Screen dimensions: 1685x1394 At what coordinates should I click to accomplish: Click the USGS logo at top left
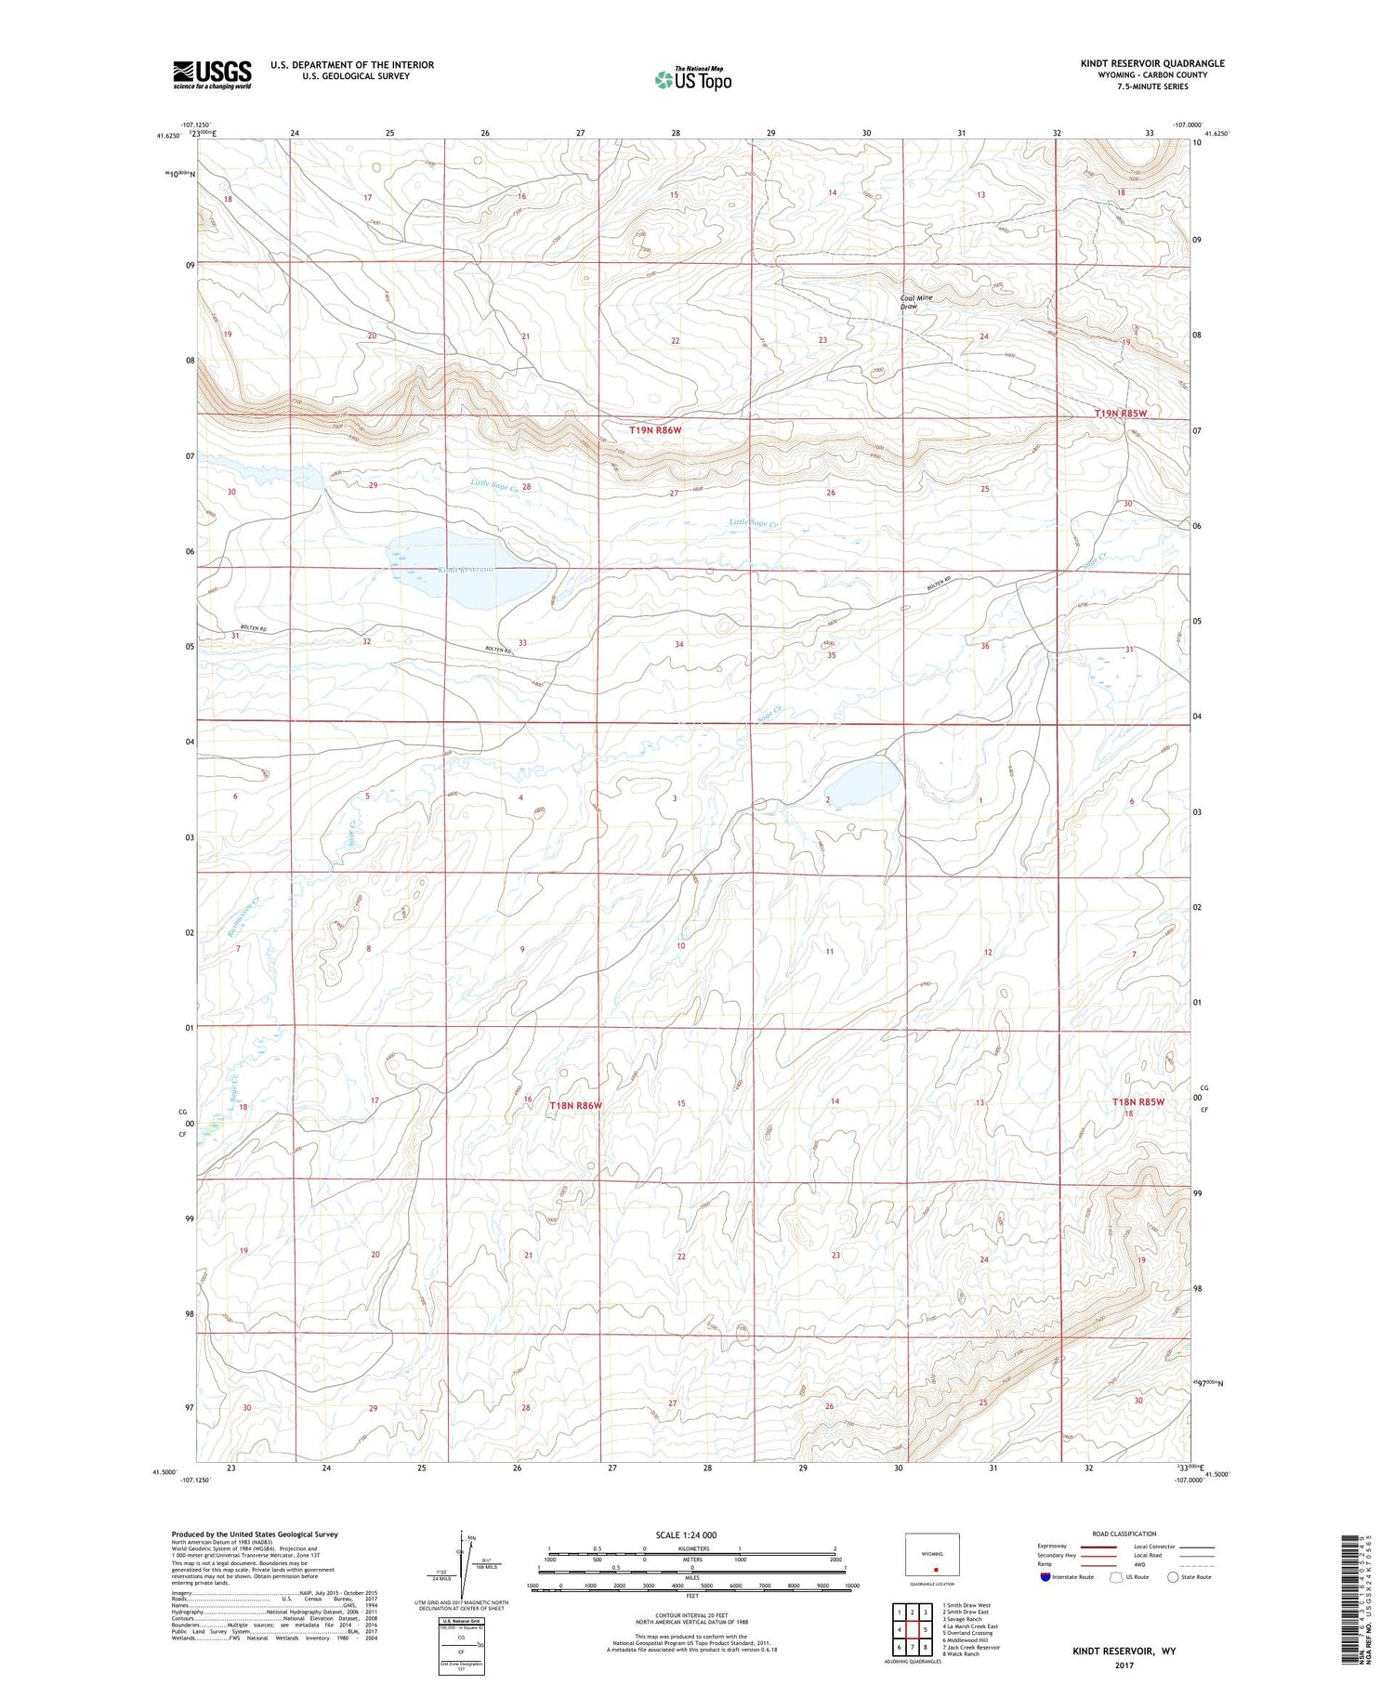point(212,74)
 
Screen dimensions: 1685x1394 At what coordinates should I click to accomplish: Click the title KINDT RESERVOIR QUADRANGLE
point(1151,63)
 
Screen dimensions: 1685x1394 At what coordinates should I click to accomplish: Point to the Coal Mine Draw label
point(915,302)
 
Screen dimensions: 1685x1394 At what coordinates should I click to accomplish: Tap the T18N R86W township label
point(575,1105)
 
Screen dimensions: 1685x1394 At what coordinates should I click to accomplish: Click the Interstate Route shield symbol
point(1045,1577)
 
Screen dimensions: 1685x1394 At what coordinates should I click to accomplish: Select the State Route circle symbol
point(1173,1577)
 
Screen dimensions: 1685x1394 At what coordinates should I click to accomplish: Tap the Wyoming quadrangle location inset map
point(931,1555)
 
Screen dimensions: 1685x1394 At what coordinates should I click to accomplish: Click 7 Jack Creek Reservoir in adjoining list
point(970,1647)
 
